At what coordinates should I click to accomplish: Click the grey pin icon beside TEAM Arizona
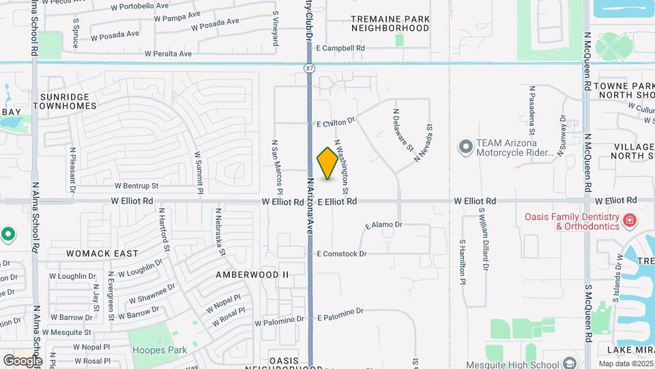466,147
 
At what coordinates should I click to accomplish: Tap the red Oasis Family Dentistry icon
628,220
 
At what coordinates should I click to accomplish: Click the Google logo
23,360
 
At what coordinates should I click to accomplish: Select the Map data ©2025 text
626,364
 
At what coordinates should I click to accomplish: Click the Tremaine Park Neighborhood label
390,23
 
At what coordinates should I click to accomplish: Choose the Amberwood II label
252,275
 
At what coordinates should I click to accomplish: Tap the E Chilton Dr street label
336,122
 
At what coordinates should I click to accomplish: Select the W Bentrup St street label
136,185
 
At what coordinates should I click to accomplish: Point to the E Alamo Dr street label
384,225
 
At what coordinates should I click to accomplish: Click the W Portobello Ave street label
141,5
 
